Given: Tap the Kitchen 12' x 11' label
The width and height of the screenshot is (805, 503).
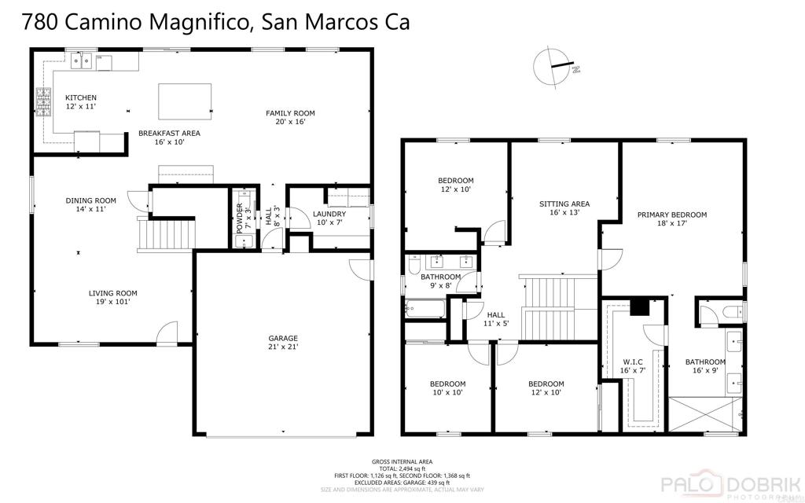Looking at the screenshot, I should (x=80, y=102).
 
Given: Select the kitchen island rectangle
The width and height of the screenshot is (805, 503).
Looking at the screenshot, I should (x=181, y=100).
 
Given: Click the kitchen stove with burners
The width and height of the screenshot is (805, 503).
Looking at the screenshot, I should (x=43, y=101).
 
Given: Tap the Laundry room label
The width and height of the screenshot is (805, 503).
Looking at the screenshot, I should (x=329, y=218).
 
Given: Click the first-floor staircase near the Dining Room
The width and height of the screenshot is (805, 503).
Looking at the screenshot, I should (x=164, y=234).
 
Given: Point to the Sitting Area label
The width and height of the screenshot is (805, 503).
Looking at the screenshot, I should (x=564, y=207).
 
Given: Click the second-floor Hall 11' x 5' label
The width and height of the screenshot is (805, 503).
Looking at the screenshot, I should (x=495, y=318).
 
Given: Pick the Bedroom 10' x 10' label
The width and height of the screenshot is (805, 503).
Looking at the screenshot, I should (x=447, y=388).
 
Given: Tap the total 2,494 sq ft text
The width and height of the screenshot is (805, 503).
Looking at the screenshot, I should (x=402, y=468).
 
